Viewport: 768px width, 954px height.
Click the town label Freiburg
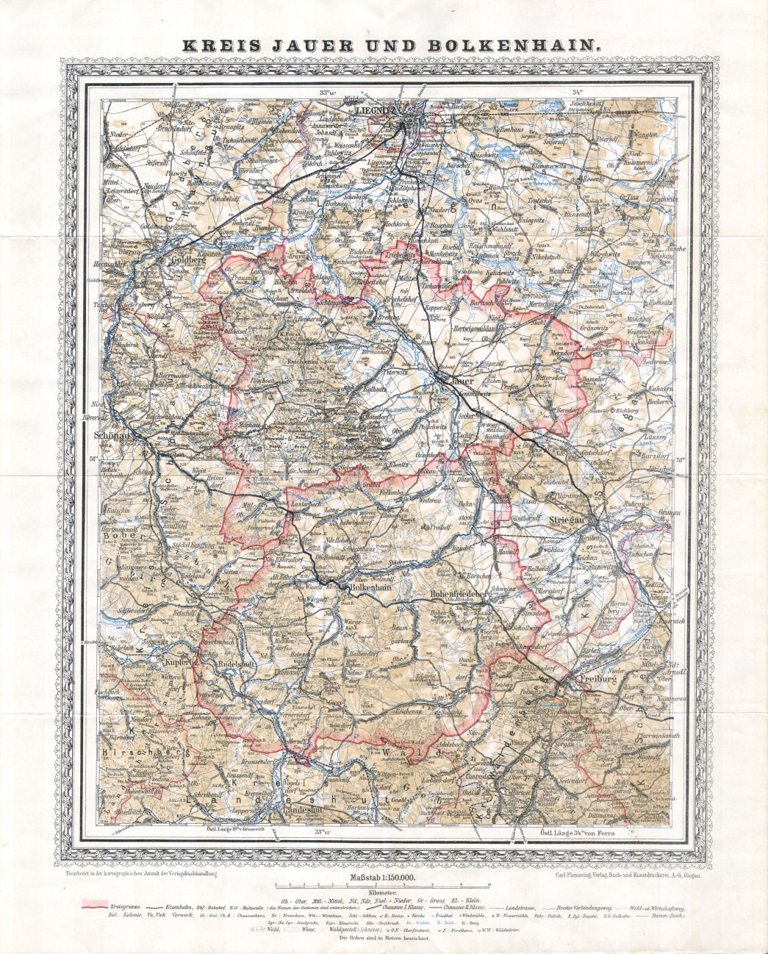coord(596,678)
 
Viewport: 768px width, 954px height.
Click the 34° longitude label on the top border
coord(578,93)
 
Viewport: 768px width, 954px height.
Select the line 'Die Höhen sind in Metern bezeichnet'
coord(383,938)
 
